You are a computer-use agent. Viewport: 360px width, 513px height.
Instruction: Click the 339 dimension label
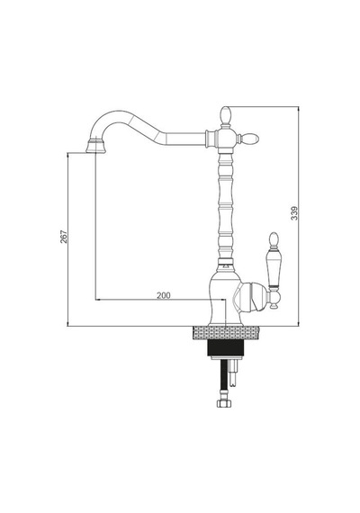coord(294,213)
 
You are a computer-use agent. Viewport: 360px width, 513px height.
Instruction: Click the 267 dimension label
coord(64,237)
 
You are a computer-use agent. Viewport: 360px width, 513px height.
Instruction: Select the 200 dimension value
coord(164,295)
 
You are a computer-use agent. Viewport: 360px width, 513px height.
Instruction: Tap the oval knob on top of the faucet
coord(226,114)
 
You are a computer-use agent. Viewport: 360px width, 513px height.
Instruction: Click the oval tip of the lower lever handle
coord(274,239)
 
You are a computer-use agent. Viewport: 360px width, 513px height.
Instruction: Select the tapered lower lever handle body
coord(274,269)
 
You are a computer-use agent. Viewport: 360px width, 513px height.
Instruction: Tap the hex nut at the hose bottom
coord(224,403)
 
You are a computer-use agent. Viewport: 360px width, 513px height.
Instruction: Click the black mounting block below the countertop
coord(226,347)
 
